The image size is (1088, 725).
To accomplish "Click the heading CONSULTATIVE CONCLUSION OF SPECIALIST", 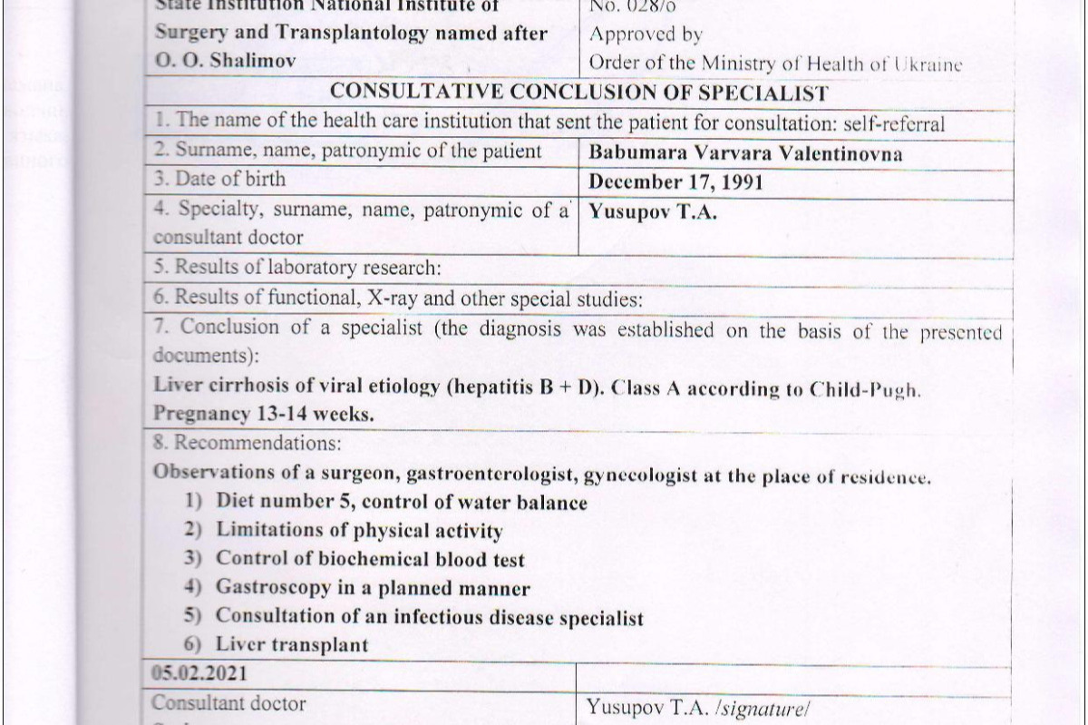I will point(579,93).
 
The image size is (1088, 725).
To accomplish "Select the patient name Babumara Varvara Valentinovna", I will point(745,152).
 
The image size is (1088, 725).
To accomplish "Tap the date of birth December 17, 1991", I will point(675,181).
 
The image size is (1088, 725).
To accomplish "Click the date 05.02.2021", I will point(199,674).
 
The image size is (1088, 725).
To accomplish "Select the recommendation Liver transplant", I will point(292,645).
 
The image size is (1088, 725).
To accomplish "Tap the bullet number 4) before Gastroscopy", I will point(191,587).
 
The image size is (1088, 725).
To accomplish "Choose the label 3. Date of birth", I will point(219,180).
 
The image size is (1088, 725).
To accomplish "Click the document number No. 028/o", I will point(631,6).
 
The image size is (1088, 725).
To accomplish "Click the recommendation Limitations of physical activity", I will point(359,530).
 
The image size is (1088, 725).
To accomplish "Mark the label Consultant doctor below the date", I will point(228,703).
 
